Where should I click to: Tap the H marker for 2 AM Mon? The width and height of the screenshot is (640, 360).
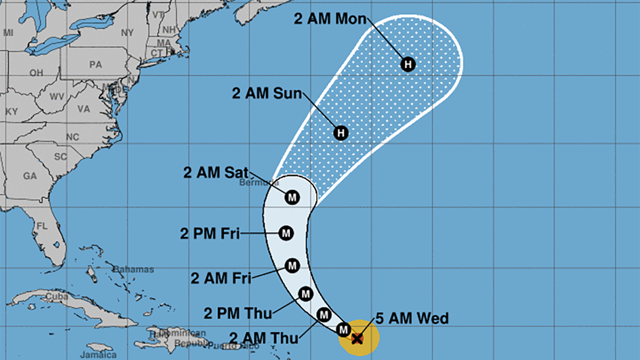coord(408,65)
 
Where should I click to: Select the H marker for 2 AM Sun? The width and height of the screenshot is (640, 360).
coord(341,132)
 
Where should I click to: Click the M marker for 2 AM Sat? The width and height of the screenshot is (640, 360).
coord(292,197)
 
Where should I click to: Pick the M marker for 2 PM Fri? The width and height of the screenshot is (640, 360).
coord(286,233)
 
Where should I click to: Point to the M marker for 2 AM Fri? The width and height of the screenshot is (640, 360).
coord(292,265)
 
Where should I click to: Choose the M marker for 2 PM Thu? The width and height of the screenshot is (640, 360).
coord(305,293)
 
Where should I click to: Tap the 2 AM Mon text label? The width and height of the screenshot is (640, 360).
coord(330,19)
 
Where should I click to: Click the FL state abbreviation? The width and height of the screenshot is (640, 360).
coord(42,226)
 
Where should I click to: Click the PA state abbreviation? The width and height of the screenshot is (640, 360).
coord(95,65)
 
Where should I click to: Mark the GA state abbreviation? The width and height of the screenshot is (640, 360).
coord(30,175)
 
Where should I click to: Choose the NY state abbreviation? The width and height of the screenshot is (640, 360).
coord(127,33)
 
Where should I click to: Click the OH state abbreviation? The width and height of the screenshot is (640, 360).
coord(36,73)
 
